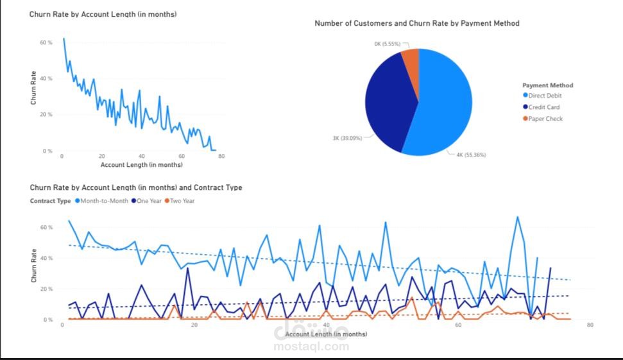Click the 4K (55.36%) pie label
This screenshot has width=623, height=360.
[x=471, y=155]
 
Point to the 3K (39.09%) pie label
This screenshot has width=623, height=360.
[x=347, y=138]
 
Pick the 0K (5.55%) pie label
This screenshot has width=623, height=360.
[x=388, y=44]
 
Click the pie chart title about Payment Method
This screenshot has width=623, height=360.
[x=417, y=23]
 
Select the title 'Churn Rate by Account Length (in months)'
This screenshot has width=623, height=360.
[x=103, y=14]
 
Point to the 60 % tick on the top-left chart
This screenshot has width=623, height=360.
[x=46, y=42]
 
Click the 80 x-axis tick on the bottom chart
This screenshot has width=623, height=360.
[x=590, y=325]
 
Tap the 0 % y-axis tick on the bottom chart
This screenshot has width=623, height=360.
[x=47, y=320]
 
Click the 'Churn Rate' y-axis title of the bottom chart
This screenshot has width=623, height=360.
[x=34, y=266]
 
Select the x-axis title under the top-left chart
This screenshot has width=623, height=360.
[x=141, y=165]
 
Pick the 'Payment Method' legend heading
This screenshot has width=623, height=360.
[x=547, y=85]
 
